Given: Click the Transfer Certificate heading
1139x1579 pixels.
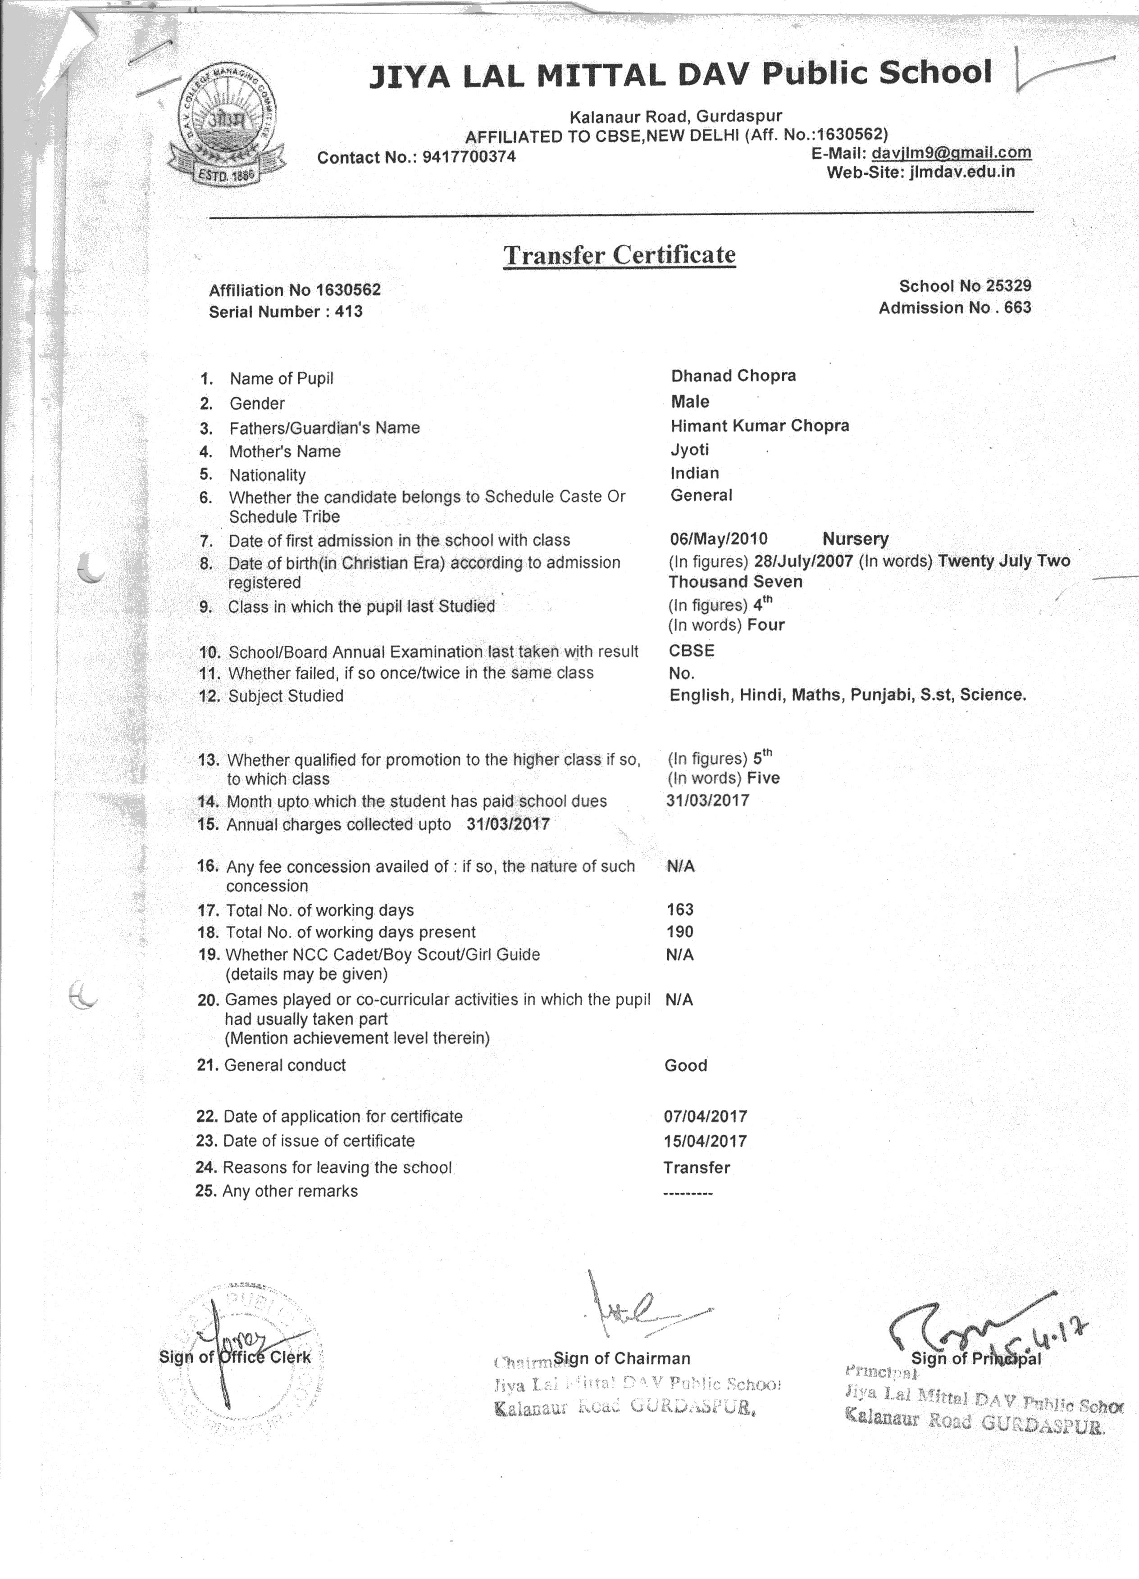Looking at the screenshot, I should tap(620, 255).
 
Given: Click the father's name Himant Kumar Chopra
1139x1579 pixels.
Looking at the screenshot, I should tap(759, 425).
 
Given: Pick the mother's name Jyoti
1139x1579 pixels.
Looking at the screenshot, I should tap(690, 450).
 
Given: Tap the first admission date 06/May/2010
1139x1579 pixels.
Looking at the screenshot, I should tap(718, 538).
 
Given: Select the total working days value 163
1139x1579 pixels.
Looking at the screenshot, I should tap(680, 909).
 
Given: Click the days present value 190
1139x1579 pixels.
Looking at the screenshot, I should tap(680, 932).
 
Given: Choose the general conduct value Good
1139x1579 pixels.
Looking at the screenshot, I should tap(685, 1065).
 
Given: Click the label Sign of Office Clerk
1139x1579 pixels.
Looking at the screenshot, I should tap(235, 1357).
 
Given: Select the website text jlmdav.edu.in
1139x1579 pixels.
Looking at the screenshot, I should tap(961, 172).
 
